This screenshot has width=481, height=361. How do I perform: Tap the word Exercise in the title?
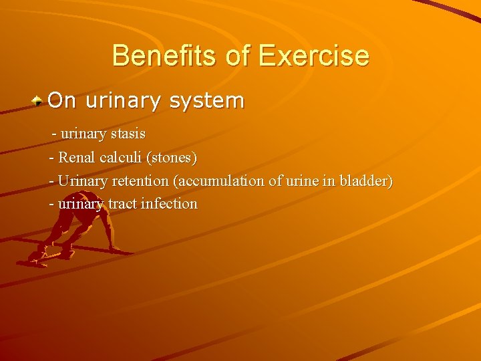pos(313,55)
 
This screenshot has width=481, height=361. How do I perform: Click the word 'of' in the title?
pos(237,55)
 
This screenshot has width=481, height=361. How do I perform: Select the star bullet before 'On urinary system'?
pos(39,102)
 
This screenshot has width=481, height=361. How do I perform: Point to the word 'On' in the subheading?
pos(62,101)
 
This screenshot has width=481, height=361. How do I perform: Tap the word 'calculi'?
pos(122,158)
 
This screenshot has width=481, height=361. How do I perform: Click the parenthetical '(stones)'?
pos(172,158)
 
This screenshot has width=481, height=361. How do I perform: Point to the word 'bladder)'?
pos(366,181)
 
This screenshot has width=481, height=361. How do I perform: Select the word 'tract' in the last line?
pos(122,204)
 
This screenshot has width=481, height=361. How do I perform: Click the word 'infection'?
pos(169,204)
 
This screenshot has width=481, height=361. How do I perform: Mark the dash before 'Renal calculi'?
pos(52,158)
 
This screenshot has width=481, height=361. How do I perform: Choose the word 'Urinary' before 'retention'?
pos(80,181)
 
